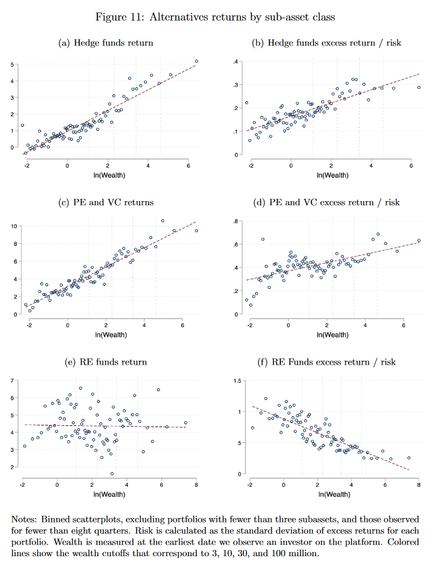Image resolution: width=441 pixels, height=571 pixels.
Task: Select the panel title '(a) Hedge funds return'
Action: pos(106,43)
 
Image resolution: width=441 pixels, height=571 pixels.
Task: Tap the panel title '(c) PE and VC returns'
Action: pos(106,202)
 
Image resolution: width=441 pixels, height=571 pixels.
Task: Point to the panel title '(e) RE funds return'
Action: pos(106,362)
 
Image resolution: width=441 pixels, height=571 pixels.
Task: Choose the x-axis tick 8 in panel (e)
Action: pos(197,484)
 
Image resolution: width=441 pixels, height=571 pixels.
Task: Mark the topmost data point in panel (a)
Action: pos(197,62)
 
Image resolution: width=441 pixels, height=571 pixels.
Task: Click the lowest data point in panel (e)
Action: pos(112,474)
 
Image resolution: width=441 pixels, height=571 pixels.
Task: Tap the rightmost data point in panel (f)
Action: pos(409,458)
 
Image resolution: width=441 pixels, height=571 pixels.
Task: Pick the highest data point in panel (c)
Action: pos(162,221)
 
